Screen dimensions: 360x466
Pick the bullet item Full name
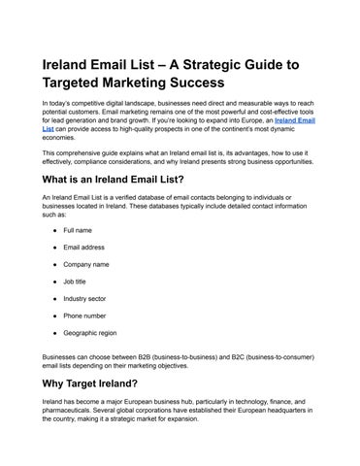[x=78, y=230]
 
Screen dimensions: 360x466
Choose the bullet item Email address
[x=84, y=248]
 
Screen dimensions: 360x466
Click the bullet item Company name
[x=86, y=264]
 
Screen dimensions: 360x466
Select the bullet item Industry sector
[x=85, y=298]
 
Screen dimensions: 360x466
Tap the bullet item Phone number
[x=85, y=316]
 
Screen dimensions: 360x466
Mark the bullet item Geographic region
[x=91, y=332]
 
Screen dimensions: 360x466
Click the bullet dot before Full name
[x=49, y=230]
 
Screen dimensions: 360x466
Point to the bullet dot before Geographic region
[x=49, y=332]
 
